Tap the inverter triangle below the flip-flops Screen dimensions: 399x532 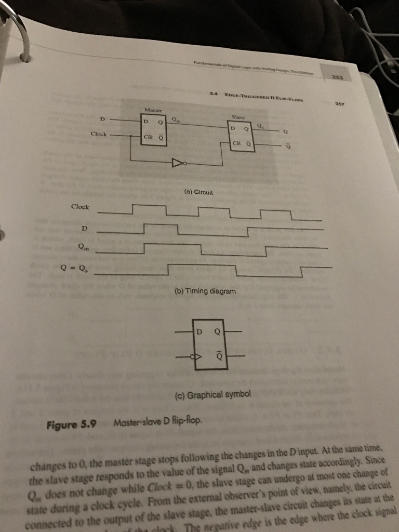(x=177, y=164)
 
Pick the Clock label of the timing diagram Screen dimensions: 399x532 (x=80, y=207)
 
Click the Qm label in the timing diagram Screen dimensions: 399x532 (x=83, y=248)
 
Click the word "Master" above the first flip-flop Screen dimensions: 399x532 (x=155, y=110)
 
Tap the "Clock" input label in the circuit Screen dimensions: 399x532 (x=99, y=134)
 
